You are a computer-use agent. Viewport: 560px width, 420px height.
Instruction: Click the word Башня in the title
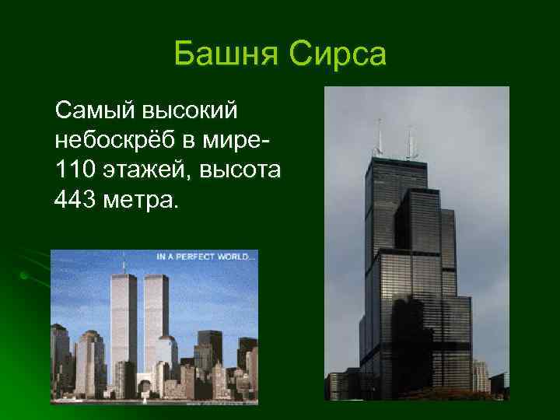(226, 55)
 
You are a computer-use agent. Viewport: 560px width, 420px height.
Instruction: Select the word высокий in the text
(194, 111)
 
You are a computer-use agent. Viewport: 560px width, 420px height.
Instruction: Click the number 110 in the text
(73, 172)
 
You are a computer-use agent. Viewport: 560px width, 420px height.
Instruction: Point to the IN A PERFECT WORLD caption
(205, 256)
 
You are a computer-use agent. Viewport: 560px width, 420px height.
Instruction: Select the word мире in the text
(246, 142)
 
